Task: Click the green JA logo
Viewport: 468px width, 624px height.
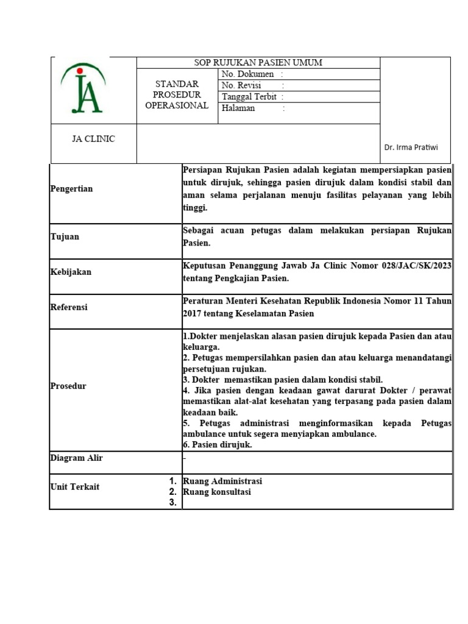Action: pos(83,90)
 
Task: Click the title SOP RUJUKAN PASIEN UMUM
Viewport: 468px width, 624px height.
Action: pos(258,63)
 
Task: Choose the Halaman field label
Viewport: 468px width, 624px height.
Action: pos(238,108)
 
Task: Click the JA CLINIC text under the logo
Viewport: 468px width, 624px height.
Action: pos(93,139)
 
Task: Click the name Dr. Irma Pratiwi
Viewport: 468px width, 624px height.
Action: pos(411,147)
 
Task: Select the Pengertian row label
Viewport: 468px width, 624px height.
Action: pos(71,189)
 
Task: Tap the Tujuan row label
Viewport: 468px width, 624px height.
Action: pos(65,236)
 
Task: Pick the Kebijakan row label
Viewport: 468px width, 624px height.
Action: pos(71,272)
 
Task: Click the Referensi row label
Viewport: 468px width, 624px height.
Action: pos(69,307)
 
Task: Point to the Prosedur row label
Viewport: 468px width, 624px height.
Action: pos(68,386)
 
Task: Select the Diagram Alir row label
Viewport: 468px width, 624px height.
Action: pos(76,458)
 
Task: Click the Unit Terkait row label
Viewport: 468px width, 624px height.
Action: pos(74,486)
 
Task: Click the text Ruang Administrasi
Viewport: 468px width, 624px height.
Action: pos(222,481)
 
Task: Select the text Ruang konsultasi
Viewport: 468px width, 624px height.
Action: pos(217,492)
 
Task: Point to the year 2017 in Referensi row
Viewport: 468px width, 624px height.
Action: pos(193,313)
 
